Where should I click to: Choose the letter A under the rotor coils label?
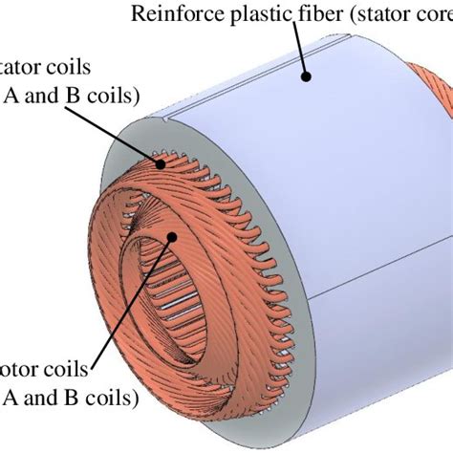point(11,396)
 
